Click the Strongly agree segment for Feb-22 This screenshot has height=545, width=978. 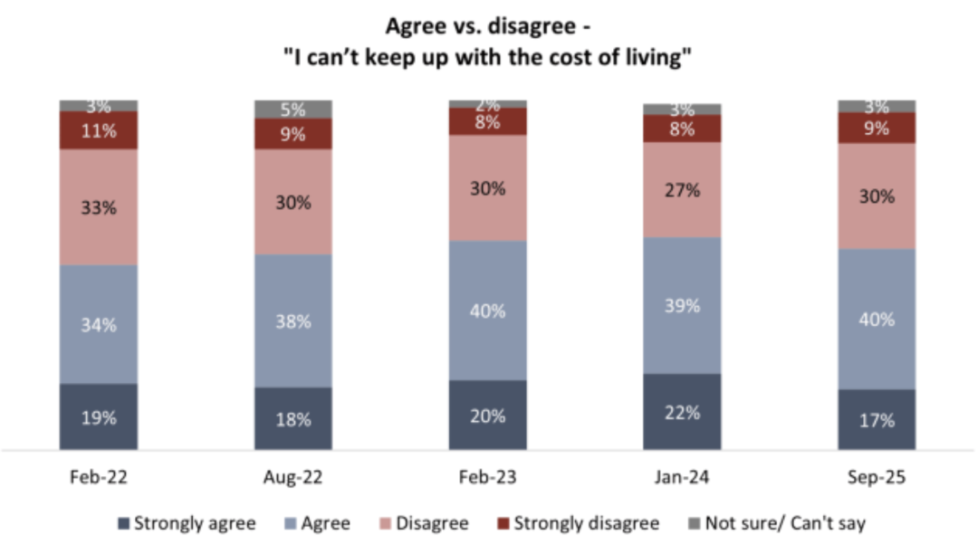(x=99, y=416)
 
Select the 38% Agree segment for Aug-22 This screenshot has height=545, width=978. (x=293, y=320)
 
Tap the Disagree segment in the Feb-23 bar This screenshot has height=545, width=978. (x=488, y=188)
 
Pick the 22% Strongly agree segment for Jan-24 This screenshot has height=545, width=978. (x=683, y=412)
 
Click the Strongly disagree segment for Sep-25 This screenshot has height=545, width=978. (x=877, y=128)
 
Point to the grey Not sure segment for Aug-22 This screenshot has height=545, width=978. (x=293, y=110)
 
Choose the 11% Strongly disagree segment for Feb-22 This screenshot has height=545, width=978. (x=99, y=130)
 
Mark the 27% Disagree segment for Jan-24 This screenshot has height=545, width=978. (x=683, y=189)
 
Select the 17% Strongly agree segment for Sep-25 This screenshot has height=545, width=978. (x=877, y=419)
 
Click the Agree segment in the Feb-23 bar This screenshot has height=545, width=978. (x=488, y=311)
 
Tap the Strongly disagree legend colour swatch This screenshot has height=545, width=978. (x=503, y=523)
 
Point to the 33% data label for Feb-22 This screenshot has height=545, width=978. (x=99, y=207)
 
